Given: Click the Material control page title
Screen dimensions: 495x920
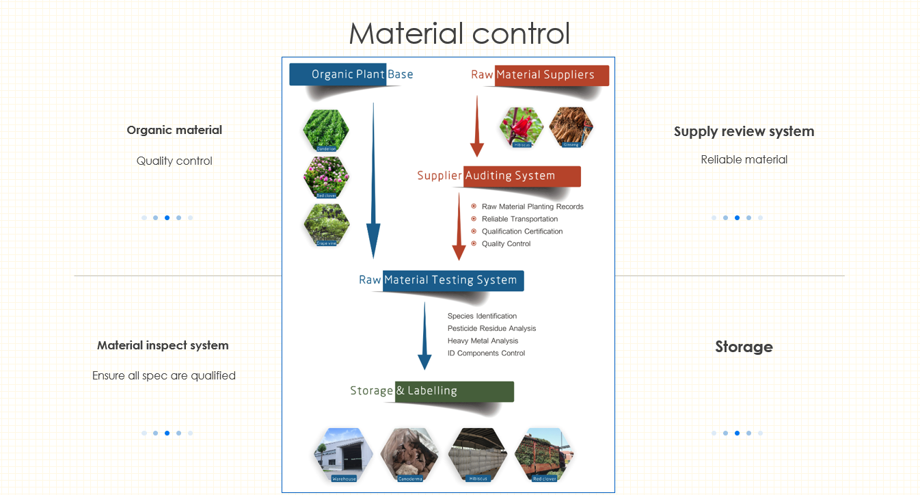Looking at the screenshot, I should click(459, 34).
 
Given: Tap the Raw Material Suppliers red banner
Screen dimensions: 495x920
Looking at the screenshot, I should click(540, 75).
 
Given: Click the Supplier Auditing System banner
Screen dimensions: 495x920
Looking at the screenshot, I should click(499, 176).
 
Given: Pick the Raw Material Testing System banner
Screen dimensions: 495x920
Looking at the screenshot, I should click(441, 280).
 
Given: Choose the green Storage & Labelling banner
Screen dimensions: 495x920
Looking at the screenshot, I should click(432, 391).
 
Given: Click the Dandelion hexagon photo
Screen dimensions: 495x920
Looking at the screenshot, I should click(326, 130).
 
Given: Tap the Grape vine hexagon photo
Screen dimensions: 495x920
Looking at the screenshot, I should click(326, 224).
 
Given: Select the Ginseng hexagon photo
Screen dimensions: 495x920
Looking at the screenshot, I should click(571, 127).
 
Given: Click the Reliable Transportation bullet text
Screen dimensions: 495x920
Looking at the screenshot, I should click(519, 219).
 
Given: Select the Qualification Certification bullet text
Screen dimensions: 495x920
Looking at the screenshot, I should click(522, 232).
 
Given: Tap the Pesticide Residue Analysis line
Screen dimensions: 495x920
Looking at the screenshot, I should click(491, 329).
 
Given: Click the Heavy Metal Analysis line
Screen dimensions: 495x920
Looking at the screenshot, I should click(483, 341).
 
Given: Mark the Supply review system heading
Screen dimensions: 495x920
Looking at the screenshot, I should click(744, 131).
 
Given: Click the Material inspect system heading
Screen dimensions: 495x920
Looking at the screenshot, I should click(163, 345).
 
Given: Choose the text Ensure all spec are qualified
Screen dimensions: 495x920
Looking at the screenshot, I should click(164, 375).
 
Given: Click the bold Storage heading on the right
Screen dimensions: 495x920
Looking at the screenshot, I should click(744, 347).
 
